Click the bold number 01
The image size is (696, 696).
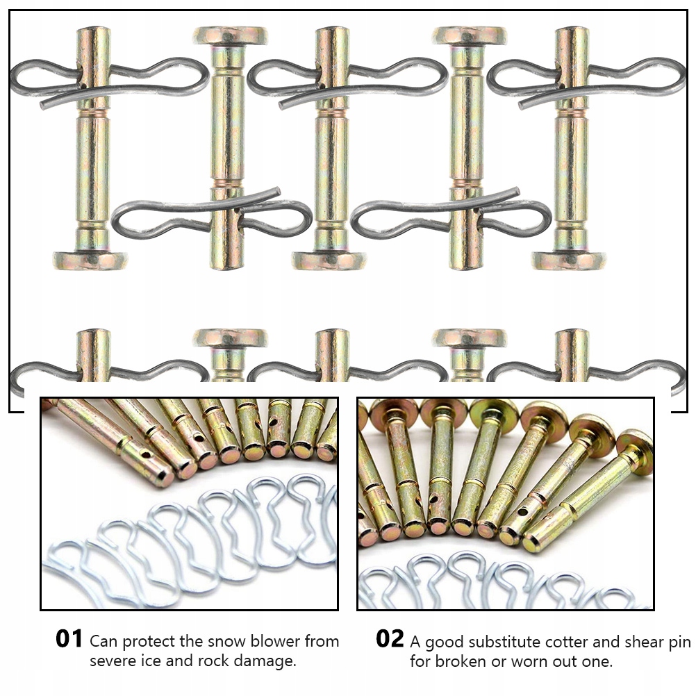[69, 639]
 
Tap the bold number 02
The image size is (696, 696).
[390, 639]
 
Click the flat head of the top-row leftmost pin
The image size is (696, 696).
[91, 261]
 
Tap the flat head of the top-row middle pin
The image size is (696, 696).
[329, 261]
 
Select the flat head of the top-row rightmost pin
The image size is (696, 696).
[569, 261]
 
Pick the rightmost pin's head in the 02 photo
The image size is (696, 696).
[634, 442]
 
